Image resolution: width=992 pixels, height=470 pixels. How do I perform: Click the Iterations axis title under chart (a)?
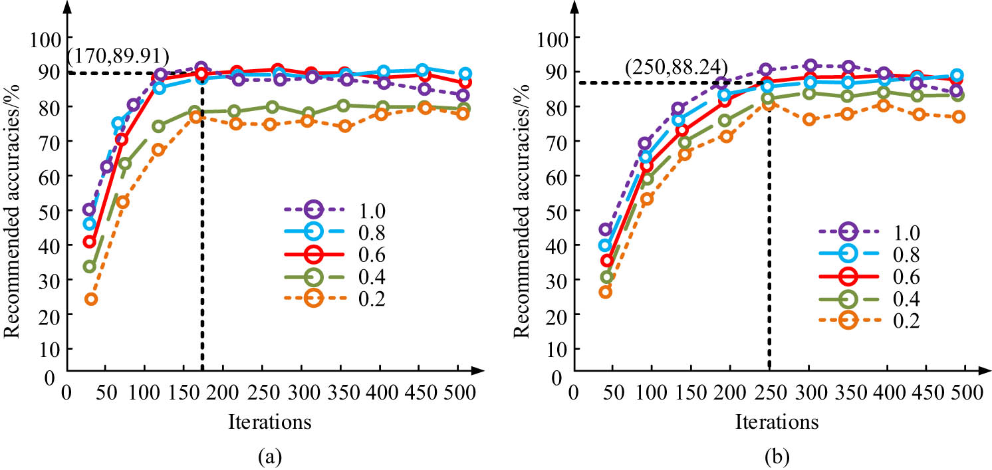pos(269,421)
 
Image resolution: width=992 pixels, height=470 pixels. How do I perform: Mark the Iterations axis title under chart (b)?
pos(777,421)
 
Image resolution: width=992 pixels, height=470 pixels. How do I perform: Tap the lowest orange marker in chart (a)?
pos(91,299)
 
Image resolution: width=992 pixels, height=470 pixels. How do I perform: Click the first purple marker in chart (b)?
pos(605,230)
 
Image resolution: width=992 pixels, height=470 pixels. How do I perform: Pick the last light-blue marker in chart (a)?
pos(465,74)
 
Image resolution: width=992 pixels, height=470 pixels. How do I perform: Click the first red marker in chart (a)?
pos(90,242)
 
